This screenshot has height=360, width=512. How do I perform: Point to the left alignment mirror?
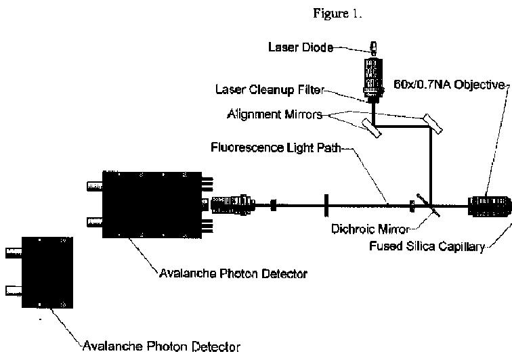tap(370, 127)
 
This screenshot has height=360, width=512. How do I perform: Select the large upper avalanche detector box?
tap(153, 204)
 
